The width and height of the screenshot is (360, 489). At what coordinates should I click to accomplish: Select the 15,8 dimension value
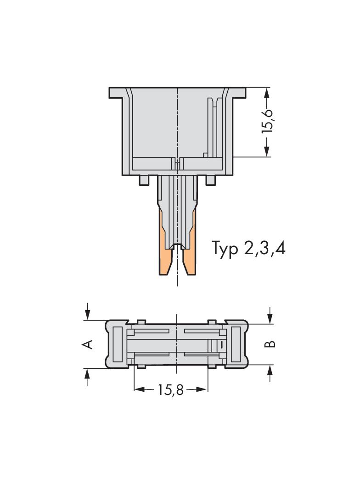coord(170,390)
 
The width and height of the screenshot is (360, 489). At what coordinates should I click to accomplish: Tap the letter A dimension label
coord(87,344)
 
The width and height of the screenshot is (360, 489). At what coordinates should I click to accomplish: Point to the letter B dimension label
coord(270,344)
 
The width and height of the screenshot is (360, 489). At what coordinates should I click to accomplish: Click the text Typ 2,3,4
coord(248,248)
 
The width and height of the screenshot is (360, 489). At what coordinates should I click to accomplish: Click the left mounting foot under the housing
coord(144,181)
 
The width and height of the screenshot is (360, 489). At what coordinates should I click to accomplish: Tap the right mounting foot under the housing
coord(210,181)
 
